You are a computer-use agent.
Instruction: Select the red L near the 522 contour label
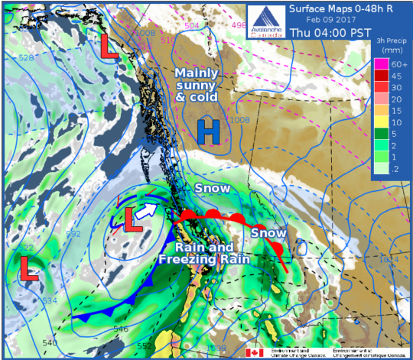[30, 268]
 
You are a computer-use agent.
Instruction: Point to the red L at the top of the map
[110, 47]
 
